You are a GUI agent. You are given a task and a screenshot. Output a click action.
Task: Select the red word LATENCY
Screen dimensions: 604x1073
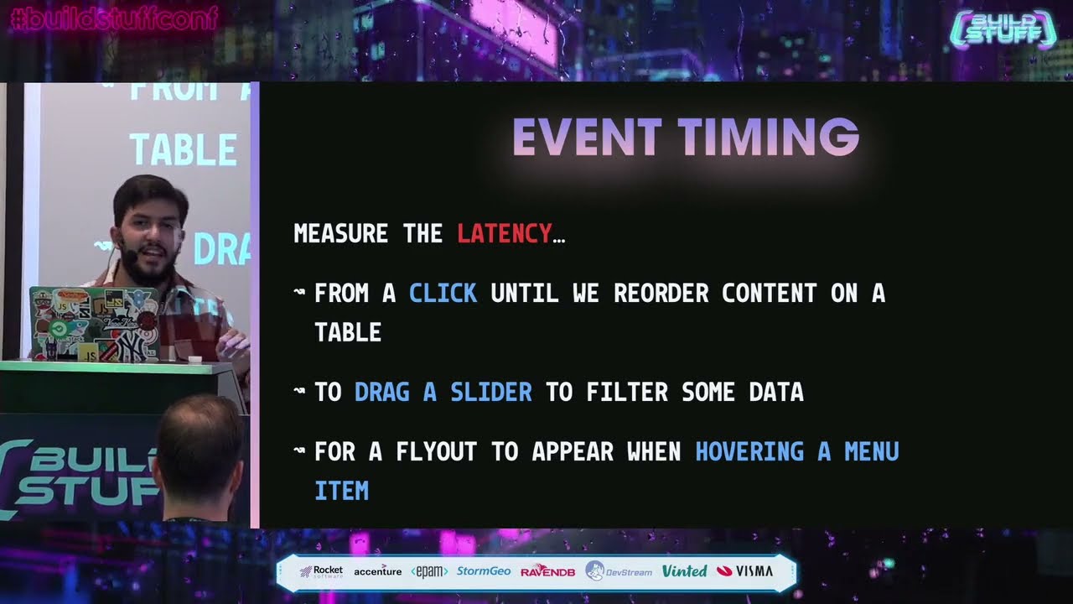tap(504, 233)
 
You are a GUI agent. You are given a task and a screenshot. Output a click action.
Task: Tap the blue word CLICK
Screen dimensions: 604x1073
tap(443, 293)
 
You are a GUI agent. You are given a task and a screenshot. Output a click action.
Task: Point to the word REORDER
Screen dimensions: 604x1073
tap(661, 293)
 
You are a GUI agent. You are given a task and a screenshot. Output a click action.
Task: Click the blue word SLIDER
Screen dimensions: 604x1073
tap(490, 392)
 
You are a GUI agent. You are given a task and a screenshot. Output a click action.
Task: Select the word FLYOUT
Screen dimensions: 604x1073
tap(437, 451)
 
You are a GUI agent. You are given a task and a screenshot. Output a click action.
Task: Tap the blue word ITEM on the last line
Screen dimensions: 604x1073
tap(341, 491)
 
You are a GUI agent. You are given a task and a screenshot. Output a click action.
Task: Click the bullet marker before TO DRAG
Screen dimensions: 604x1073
tap(299, 392)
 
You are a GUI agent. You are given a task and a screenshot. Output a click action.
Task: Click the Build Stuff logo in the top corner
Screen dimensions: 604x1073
tap(1003, 29)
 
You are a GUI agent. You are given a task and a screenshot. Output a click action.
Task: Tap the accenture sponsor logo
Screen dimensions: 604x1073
tap(377, 571)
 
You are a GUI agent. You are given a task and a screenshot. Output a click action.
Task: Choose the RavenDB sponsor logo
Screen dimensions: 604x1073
tap(547, 571)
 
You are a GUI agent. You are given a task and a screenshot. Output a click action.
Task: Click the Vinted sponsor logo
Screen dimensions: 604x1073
tap(684, 571)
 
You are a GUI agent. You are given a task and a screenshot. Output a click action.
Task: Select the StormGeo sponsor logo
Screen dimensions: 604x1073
tap(484, 571)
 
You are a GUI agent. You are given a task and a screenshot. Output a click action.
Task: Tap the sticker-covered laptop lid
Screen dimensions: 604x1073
tap(94, 323)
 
